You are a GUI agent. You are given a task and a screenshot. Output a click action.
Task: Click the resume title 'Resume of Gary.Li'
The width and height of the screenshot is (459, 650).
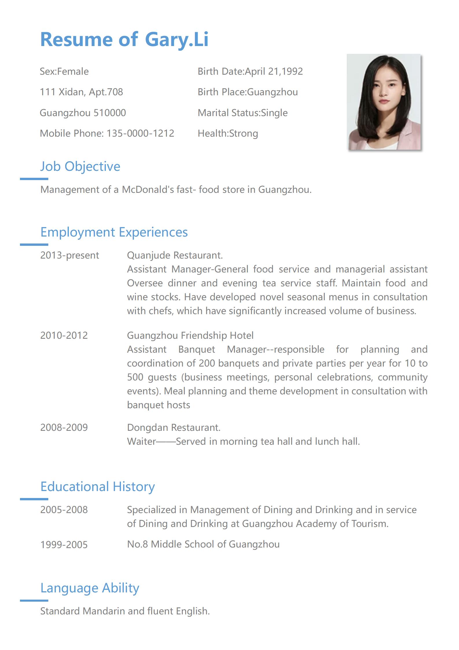point(124,39)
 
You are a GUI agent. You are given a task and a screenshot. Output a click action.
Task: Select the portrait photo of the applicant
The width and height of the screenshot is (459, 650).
point(384,102)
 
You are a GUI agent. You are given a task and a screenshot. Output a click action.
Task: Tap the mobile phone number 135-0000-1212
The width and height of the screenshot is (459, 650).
point(140,133)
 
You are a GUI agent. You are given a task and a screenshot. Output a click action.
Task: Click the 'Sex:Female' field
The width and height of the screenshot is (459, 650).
point(64,72)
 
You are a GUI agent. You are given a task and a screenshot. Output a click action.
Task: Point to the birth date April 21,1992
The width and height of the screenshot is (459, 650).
point(273,72)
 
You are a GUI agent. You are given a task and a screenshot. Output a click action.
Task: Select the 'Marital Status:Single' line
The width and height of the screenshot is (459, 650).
point(242,113)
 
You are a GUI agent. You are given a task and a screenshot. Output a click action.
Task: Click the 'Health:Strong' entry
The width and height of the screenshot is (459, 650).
point(228,133)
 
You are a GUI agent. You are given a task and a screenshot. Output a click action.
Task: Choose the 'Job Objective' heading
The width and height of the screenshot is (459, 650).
point(80,166)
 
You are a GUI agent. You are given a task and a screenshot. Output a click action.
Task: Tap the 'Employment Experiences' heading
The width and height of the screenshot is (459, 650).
point(114,232)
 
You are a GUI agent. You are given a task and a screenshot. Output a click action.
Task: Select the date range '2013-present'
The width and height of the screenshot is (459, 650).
point(69,255)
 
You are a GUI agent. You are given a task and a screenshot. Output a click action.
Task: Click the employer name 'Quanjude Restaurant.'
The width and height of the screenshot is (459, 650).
point(175,255)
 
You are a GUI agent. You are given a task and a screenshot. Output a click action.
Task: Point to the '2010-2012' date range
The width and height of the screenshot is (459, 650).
point(64,336)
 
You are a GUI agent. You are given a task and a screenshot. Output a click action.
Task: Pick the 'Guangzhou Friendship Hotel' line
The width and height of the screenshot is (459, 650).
point(190,336)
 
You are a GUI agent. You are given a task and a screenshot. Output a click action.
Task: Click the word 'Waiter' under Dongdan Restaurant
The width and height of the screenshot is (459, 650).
point(141,442)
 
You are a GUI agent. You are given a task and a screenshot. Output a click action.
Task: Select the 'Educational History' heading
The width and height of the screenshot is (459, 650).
point(97,487)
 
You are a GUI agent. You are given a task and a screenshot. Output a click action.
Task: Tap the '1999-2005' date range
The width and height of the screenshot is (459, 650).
point(64,545)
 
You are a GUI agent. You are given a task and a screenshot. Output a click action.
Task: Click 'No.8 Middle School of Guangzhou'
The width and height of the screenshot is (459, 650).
point(203,544)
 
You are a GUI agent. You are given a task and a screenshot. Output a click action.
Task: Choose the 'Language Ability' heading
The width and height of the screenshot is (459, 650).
point(90,588)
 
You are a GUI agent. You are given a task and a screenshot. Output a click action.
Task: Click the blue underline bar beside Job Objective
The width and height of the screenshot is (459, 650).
point(34,179)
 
